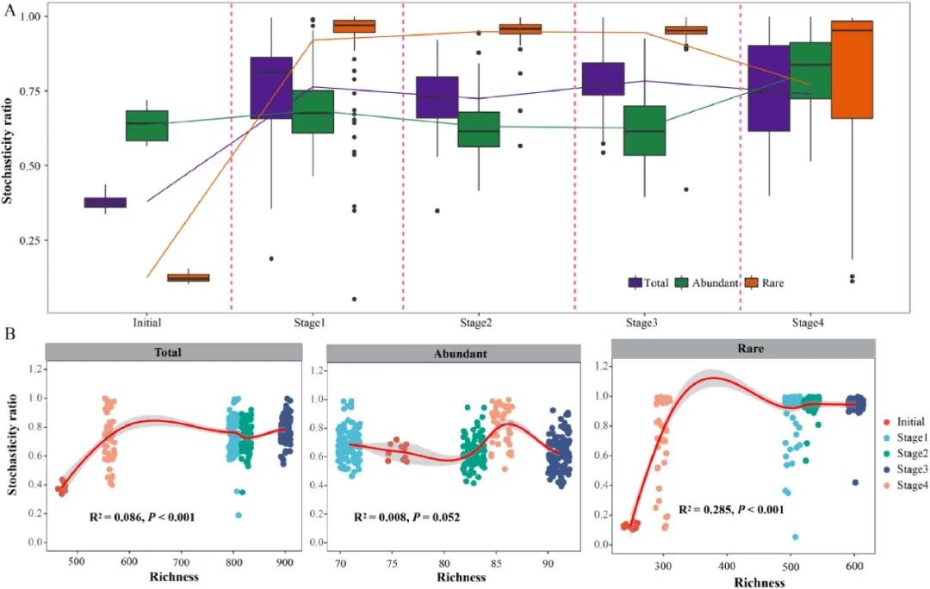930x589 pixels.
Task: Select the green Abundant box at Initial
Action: click(x=147, y=126)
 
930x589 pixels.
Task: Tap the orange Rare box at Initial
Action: click(x=189, y=277)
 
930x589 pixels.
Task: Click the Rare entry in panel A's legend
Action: click(x=771, y=282)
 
